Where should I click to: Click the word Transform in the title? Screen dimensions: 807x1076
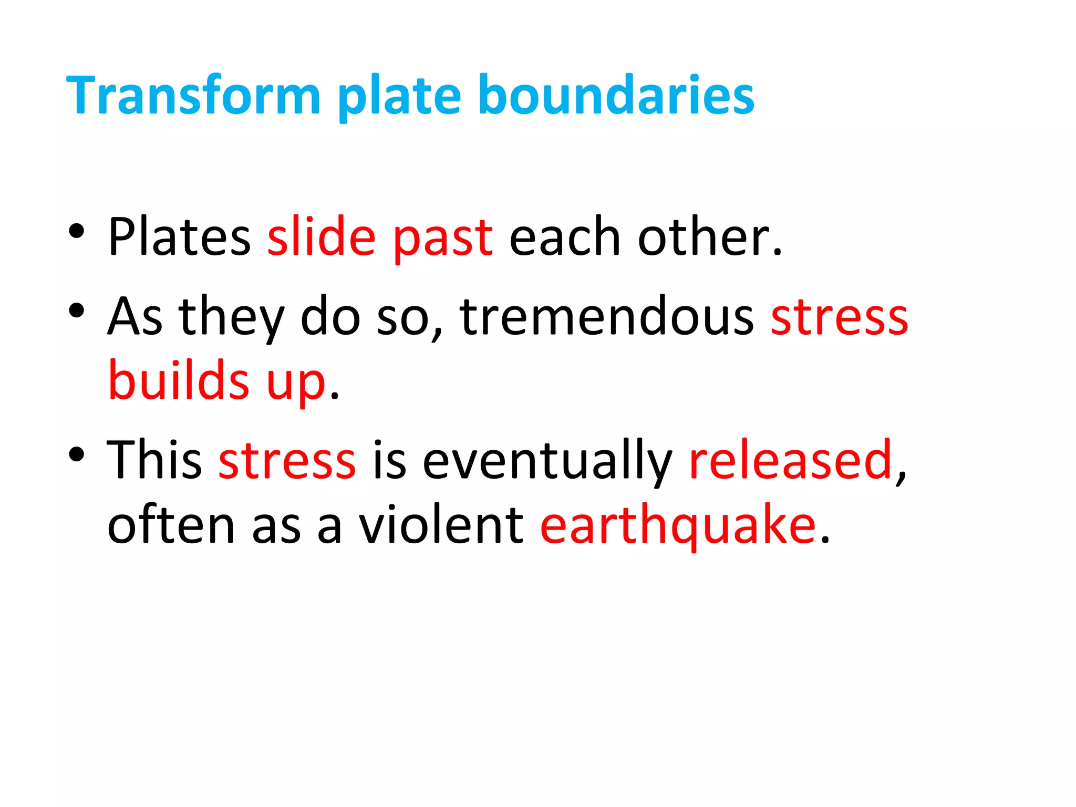point(193,95)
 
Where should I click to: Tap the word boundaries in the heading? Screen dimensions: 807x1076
point(616,95)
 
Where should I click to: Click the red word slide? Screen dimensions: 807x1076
point(322,237)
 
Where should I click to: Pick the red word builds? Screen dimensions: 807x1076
point(179,380)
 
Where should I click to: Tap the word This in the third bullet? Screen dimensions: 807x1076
point(154,460)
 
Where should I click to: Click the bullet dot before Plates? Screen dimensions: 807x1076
point(77,231)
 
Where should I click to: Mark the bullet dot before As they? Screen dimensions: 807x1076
point(77,311)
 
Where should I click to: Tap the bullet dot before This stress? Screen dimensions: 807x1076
point(77,454)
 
